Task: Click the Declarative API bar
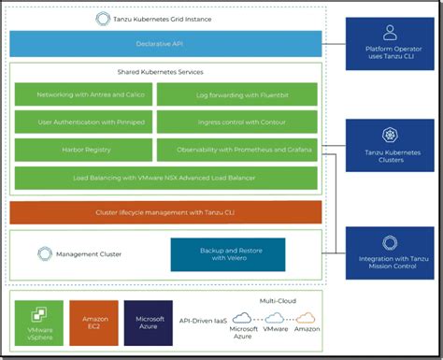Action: [x=165, y=44]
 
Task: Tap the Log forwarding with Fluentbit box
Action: [x=236, y=94]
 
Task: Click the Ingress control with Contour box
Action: [x=236, y=122]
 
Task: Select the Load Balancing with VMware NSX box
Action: [x=165, y=178]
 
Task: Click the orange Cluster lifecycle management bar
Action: [x=165, y=212]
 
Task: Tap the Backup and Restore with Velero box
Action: [x=227, y=254]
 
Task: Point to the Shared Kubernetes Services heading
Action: [x=165, y=72]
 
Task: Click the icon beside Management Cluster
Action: [x=44, y=253]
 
